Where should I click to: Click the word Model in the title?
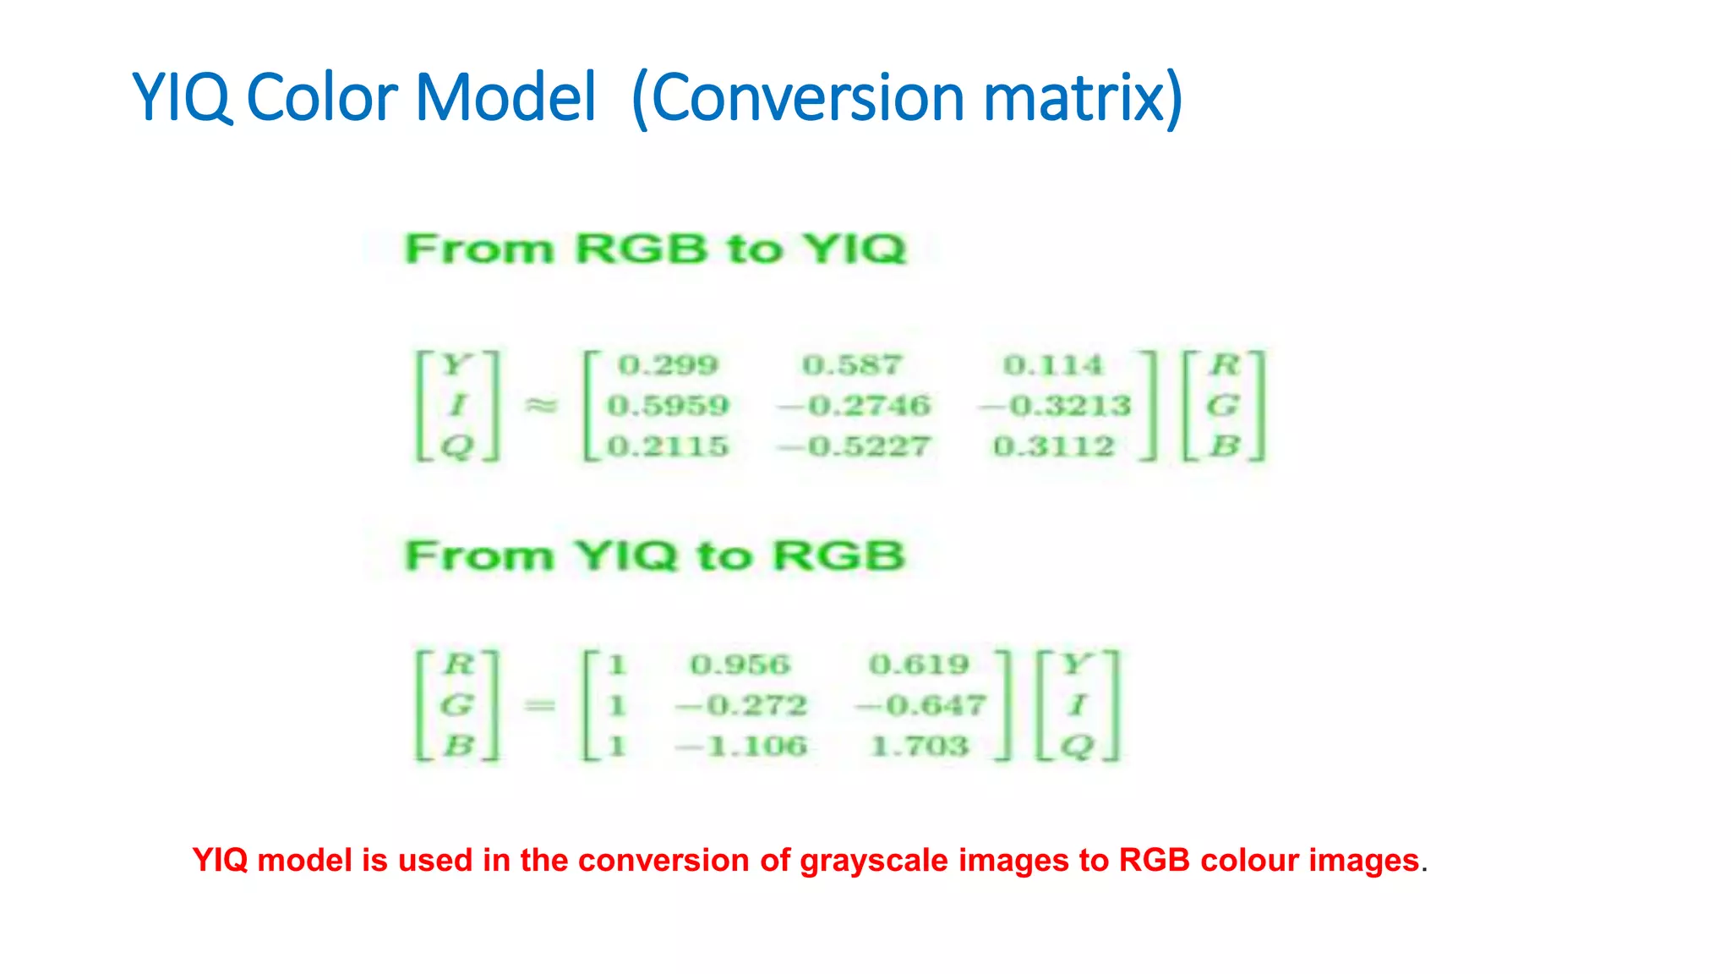505,98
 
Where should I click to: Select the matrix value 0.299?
668,365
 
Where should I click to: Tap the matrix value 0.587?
852,365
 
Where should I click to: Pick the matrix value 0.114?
1053,365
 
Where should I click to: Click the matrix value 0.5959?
668,406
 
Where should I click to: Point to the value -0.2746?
854,406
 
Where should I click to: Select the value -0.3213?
1055,406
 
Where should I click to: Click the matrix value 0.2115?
668,446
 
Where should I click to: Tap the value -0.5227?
854,446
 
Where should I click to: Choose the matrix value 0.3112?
1054,446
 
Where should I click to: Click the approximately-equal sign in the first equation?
542,406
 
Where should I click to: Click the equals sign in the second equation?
540,705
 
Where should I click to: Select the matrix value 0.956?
740,665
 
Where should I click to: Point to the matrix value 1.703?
919,746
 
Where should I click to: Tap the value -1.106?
741,746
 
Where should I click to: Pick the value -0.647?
920,705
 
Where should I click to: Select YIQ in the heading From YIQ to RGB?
625,556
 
